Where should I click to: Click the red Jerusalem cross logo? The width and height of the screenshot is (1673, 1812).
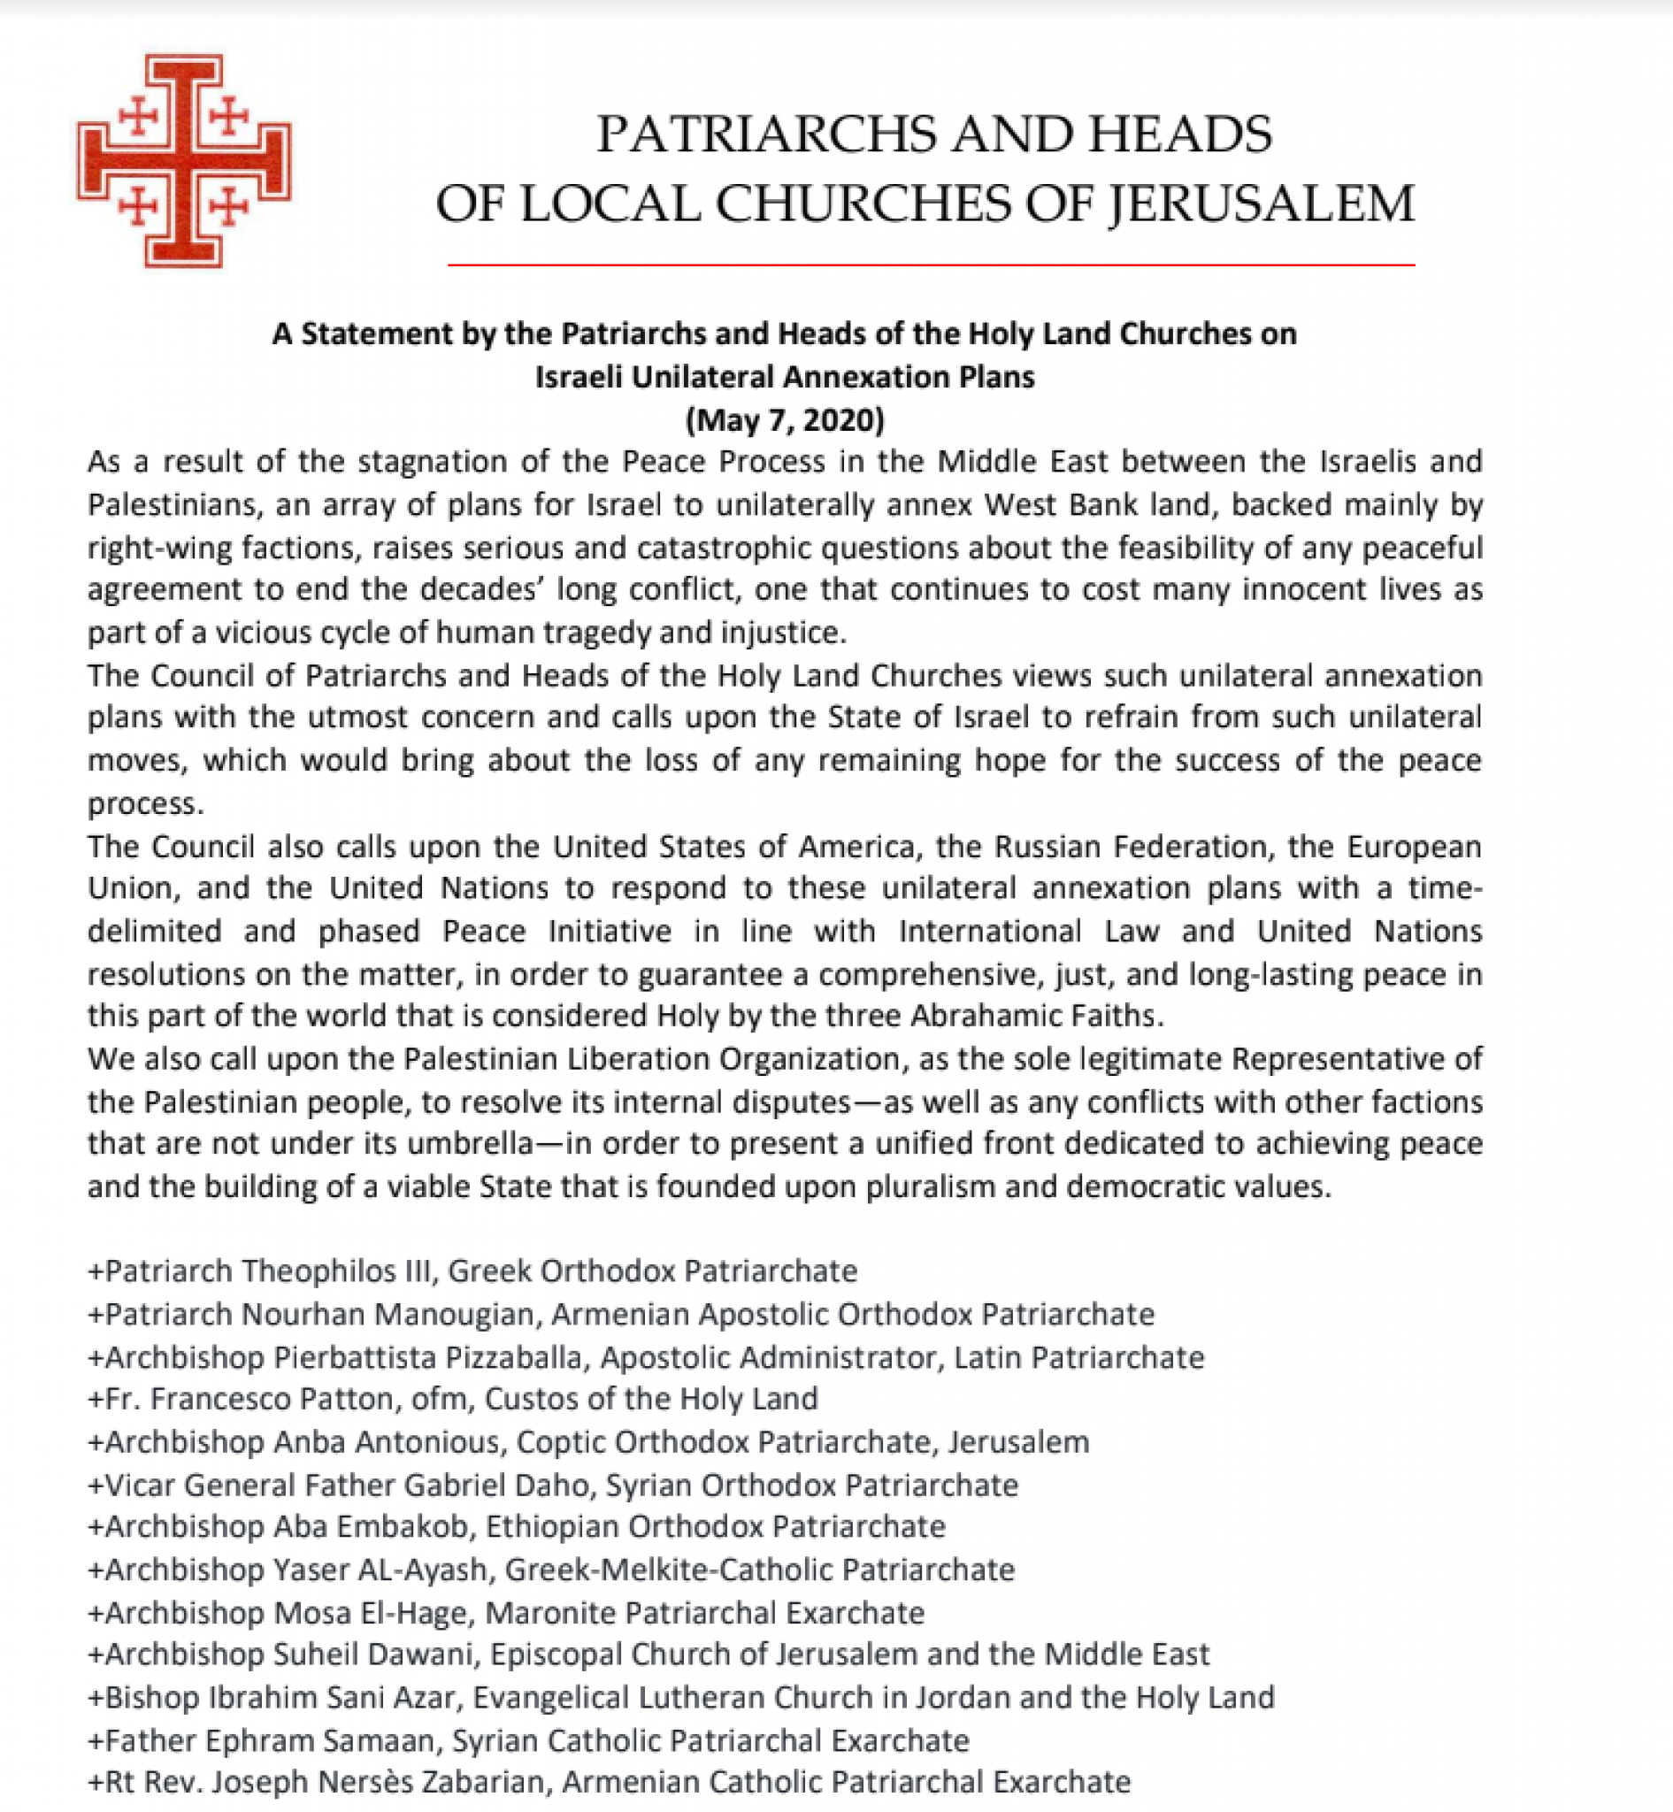(x=184, y=161)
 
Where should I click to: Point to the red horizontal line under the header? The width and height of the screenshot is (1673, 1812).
(x=931, y=265)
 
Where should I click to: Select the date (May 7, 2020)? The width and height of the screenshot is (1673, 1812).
(x=784, y=420)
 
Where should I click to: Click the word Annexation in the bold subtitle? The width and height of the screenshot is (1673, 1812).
(x=868, y=377)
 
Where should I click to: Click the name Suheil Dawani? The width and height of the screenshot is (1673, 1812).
(x=374, y=1655)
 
